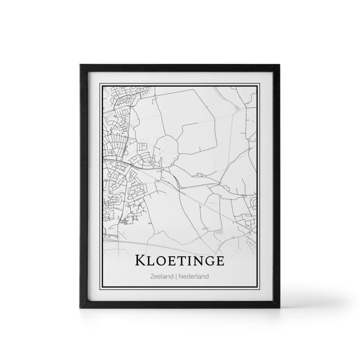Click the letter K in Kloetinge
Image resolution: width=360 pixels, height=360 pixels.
tap(142, 261)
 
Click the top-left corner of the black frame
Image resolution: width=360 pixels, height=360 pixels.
tap(78, 65)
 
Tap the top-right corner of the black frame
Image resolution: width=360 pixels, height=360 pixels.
tap(281, 65)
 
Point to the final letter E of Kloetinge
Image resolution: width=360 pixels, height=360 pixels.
tap(219, 261)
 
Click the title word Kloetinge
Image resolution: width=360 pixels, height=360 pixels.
tap(180, 261)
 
